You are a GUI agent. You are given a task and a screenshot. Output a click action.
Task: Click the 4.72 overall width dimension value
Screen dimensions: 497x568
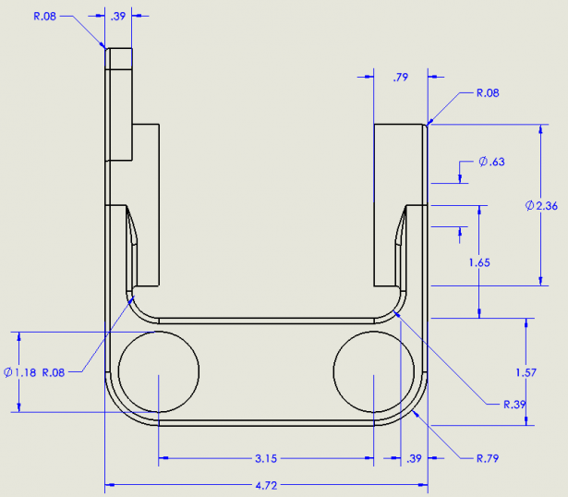point(266,483)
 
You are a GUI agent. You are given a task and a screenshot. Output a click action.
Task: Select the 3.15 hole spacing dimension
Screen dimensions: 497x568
point(266,456)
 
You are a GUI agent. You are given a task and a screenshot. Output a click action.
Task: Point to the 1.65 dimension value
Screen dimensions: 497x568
point(478,262)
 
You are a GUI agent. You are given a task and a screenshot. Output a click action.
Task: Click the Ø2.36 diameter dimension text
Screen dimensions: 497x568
point(540,206)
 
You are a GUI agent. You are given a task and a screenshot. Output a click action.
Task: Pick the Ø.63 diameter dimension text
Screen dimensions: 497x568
point(492,163)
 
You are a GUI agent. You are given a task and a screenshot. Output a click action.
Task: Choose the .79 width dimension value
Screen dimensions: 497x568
point(400,79)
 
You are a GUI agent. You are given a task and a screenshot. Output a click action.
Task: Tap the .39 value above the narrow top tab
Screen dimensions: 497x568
point(118,17)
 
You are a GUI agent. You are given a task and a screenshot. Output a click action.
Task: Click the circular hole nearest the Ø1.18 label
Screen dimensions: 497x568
point(159,372)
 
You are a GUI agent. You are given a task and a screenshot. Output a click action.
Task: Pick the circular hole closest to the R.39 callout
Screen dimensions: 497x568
point(372,372)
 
